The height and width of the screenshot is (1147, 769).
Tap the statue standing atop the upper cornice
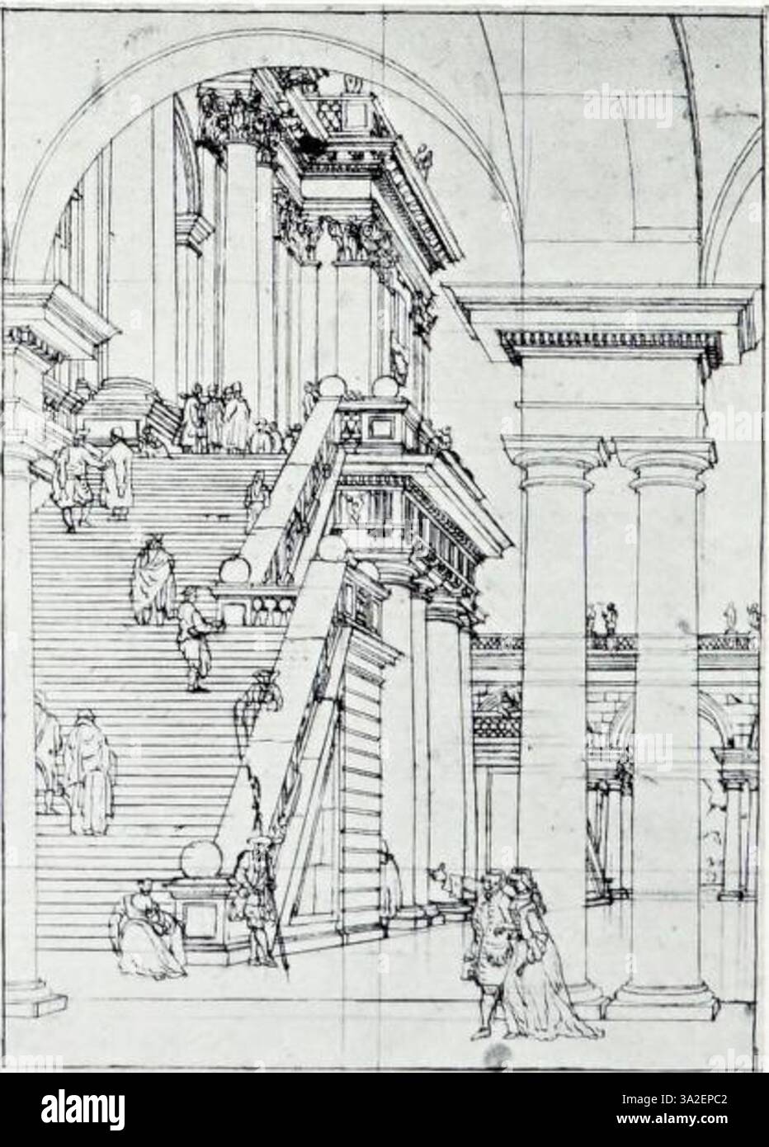coord(424,160)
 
